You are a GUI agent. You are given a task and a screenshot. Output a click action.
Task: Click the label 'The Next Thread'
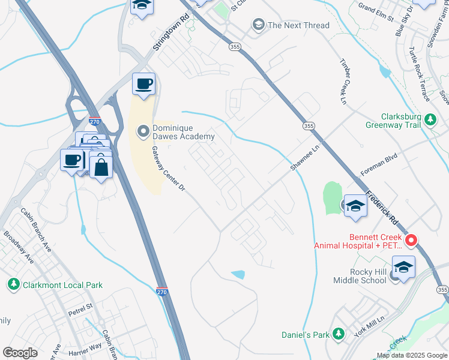tap(298, 25)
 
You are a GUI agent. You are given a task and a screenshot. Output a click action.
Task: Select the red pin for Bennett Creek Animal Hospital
tap(411, 241)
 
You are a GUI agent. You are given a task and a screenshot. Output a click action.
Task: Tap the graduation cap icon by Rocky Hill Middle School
tap(403, 266)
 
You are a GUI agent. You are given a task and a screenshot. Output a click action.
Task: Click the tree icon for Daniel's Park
tap(338, 333)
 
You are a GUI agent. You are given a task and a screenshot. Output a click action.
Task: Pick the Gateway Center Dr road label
tap(167, 170)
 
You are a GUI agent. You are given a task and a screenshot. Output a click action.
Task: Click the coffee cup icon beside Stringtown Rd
tap(143, 84)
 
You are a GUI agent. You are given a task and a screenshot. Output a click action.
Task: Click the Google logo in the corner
tap(20, 353)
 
